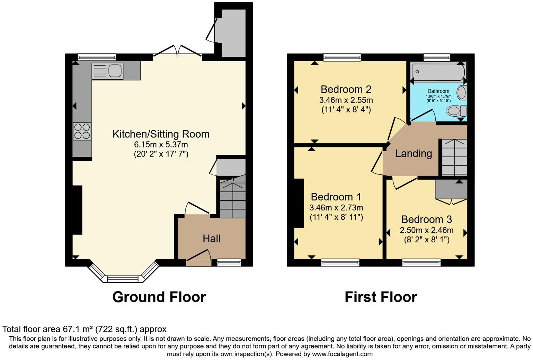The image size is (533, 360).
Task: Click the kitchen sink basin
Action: (x=115, y=71)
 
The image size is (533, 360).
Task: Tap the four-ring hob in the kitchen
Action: (x=82, y=131)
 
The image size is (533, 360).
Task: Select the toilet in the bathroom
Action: (x=456, y=111)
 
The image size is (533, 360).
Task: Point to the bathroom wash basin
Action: (x=462, y=93)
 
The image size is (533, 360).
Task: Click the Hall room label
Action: (x=211, y=238)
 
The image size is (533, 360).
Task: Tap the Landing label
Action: (x=414, y=153)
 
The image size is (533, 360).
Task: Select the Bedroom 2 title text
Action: (x=346, y=89)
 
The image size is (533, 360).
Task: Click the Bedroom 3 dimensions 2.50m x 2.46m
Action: (x=426, y=230)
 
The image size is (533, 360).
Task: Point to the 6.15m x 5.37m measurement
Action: (x=161, y=145)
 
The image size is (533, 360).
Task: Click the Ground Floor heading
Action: (x=159, y=297)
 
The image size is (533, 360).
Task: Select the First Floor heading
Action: (x=381, y=297)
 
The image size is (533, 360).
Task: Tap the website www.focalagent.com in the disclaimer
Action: (x=342, y=354)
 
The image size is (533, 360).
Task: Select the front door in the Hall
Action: (x=199, y=258)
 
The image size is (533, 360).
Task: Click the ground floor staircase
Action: (x=232, y=198)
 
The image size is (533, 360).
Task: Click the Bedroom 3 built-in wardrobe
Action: (x=451, y=189)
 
